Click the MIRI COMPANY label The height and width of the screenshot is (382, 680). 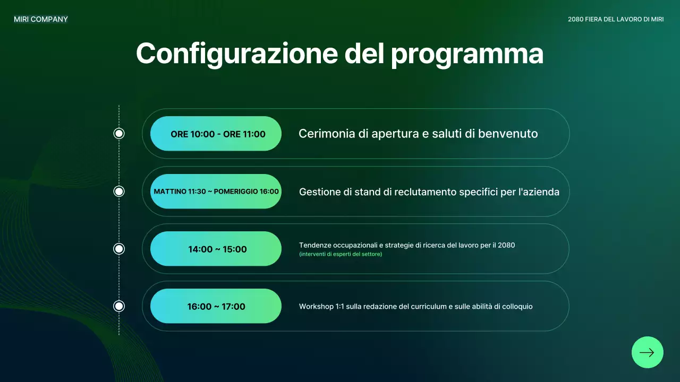[41, 20]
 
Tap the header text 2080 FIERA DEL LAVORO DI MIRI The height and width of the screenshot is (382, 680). [616, 20]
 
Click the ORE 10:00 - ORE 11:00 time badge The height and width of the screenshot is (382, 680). [216, 134]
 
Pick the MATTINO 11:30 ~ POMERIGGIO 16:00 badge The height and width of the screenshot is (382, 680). [216, 192]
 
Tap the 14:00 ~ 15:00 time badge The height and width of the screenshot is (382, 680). [216, 249]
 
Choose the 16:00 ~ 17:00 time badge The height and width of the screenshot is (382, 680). [216, 306]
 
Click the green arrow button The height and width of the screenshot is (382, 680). [647, 352]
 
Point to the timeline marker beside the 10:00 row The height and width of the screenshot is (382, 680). [119, 134]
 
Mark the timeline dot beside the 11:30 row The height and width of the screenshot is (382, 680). [119, 192]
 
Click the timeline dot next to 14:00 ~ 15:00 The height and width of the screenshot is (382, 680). [119, 249]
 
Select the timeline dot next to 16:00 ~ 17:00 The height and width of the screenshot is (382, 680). [119, 306]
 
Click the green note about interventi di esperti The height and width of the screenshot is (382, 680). [341, 254]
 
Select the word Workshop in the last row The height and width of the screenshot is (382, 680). [316, 307]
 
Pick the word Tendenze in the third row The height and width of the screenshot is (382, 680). [316, 245]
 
